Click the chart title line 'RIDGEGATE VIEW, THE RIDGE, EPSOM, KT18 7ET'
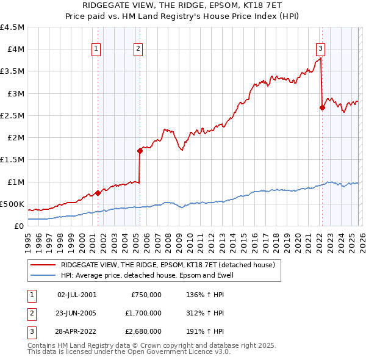183,5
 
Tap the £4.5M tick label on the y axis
12,27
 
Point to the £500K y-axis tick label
12,204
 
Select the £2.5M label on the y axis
12,115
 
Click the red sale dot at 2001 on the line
98,193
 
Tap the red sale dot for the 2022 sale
321,108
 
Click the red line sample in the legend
43,265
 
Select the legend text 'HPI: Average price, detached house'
146,276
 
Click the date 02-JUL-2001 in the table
76,294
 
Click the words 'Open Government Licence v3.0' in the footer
178,352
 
